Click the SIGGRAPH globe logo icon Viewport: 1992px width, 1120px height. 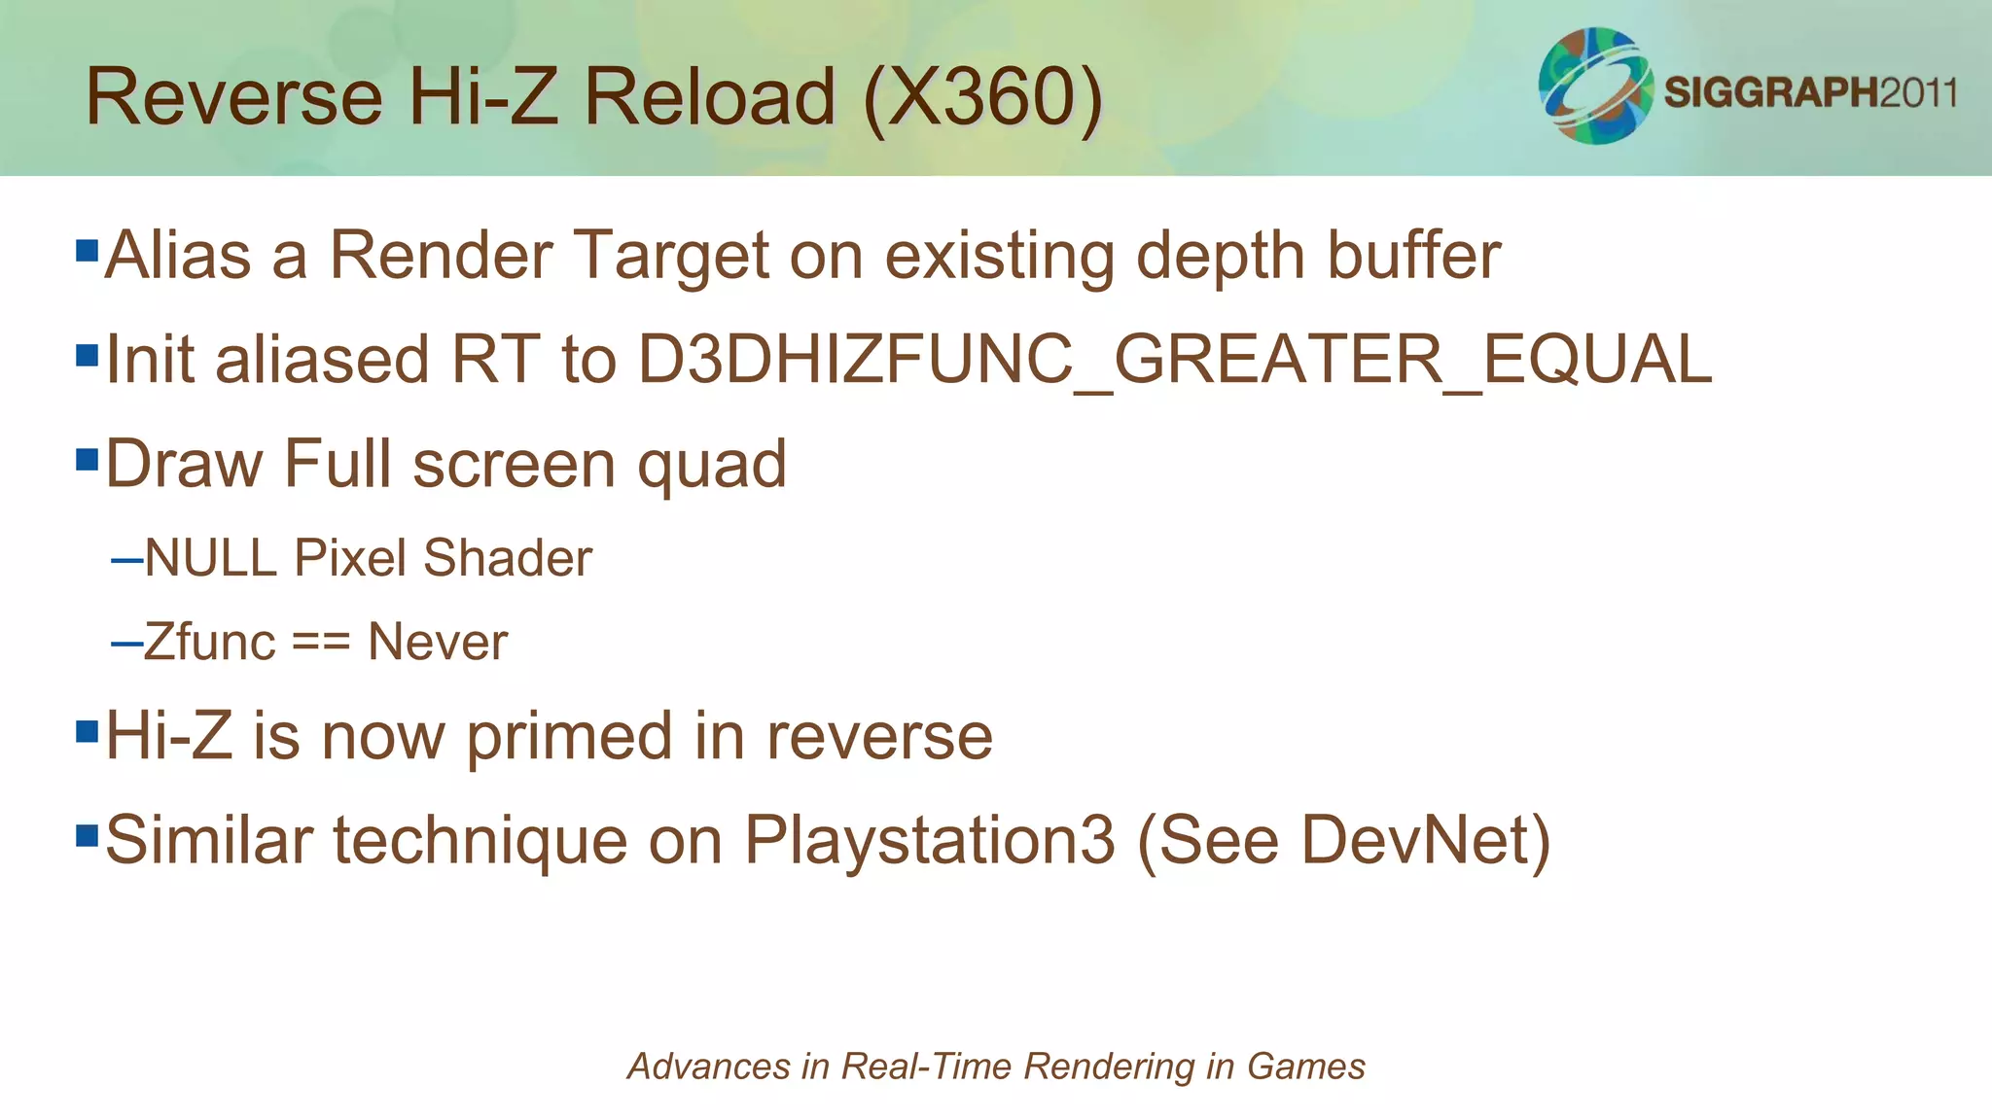pos(1595,86)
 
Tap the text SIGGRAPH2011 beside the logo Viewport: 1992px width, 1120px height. pos(1810,92)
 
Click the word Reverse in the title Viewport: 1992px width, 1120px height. pos(233,97)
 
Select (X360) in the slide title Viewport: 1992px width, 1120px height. pos(983,97)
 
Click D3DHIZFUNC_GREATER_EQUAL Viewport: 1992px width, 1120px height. pos(1174,360)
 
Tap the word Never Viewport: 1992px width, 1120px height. pos(438,643)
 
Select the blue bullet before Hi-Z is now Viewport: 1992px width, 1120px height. pos(88,730)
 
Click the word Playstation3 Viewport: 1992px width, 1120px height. pos(929,840)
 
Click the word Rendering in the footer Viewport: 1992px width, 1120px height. pos(1110,1067)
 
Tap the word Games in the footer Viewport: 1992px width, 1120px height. pos(1305,1067)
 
